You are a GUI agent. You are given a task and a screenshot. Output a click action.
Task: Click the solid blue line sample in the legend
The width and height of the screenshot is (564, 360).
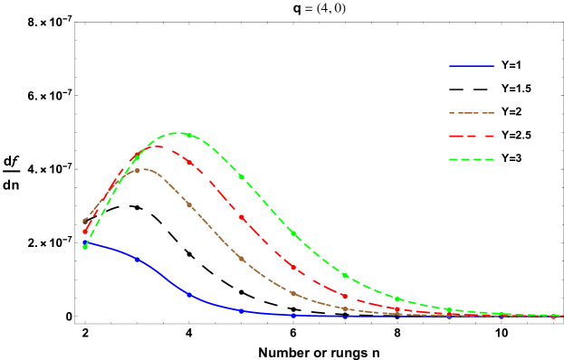472,66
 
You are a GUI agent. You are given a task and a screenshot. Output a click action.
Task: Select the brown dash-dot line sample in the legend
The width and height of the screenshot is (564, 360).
472,113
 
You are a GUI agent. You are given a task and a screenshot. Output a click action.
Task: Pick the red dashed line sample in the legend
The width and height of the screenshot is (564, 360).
472,137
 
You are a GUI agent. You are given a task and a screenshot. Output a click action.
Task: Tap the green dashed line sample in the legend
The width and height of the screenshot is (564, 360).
472,160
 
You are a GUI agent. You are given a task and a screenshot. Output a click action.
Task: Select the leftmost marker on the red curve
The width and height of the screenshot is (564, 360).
86,232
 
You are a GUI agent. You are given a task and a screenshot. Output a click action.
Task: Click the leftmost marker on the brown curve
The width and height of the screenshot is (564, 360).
86,220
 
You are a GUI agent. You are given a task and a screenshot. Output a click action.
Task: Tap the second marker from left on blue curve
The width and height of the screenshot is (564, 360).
138,260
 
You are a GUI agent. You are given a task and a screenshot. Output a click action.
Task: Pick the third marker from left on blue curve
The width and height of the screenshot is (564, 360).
189,295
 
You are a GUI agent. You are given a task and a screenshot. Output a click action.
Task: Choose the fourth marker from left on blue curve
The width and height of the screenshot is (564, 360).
241,311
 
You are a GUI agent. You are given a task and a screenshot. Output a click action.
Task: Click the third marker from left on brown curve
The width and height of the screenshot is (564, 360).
189,205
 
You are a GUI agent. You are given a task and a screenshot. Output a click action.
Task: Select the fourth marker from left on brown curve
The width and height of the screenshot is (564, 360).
241,259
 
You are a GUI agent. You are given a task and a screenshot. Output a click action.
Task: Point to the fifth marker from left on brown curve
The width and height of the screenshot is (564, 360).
292,293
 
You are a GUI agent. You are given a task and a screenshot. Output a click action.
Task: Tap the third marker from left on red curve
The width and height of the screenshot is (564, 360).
189,163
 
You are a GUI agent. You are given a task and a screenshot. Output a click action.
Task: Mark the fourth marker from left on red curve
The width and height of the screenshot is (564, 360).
241,217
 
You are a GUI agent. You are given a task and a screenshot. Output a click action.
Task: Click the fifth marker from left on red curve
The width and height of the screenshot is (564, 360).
292,267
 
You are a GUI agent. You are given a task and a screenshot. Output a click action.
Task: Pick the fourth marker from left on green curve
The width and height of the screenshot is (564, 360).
241,176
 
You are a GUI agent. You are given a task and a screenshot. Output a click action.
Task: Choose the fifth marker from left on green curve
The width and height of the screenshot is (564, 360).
292,233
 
